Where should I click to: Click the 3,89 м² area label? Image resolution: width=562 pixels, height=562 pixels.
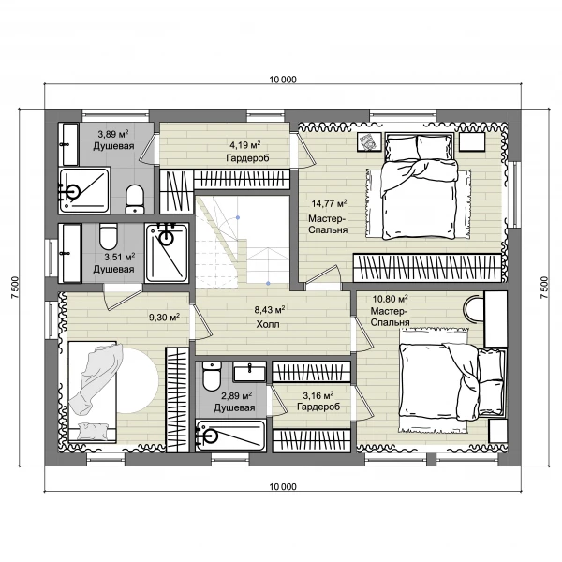pyautogui.click(x=113, y=134)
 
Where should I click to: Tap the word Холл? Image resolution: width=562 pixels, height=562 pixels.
pyautogui.click(x=268, y=324)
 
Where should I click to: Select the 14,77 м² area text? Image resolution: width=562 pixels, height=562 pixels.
pyautogui.click(x=329, y=203)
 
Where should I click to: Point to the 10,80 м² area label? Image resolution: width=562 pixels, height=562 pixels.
pyautogui.click(x=390, y=298)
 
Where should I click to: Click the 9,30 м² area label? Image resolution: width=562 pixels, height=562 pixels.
pyautogui.click(x=164, y=318)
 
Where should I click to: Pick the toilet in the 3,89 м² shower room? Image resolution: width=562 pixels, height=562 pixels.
pyautogui.click(x=135, y=200)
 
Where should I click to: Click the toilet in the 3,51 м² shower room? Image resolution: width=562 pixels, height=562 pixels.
pyautogui.click(x=109, y=237)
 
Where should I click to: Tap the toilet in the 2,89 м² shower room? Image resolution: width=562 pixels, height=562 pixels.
pyautogui.click(x=212, y=377)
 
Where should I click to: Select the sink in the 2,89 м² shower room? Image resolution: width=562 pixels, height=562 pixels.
pyautogui.click(x=249, y=372)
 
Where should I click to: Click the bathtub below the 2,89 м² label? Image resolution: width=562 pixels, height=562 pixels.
pyautogui.click(x=230, y=436)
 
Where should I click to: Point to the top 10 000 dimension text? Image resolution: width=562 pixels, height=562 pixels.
pyautogui.click(x=283, y=80)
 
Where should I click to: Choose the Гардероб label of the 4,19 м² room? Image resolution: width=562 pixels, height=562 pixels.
pyautogui.click(x=247, y=157)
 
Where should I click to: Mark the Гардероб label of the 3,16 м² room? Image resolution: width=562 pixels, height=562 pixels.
pyautogui.click(x=318, y=407)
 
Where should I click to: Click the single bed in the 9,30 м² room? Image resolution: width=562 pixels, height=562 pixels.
pyautogui.click(x=93, y=391)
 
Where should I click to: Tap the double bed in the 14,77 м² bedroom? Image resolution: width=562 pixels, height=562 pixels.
pyautogui.click(x=420, y=185)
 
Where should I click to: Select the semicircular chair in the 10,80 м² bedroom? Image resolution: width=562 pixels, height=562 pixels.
pyautogui.click(x=473, y=308)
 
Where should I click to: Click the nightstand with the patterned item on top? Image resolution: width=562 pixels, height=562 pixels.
pyautogui.click(x=369, y=142)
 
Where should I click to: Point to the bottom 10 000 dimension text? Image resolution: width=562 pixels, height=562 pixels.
pyautogui.click(x=283, y=487)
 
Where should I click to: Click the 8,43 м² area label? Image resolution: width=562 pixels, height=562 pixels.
pyautogui.click(x=270, y=309)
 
